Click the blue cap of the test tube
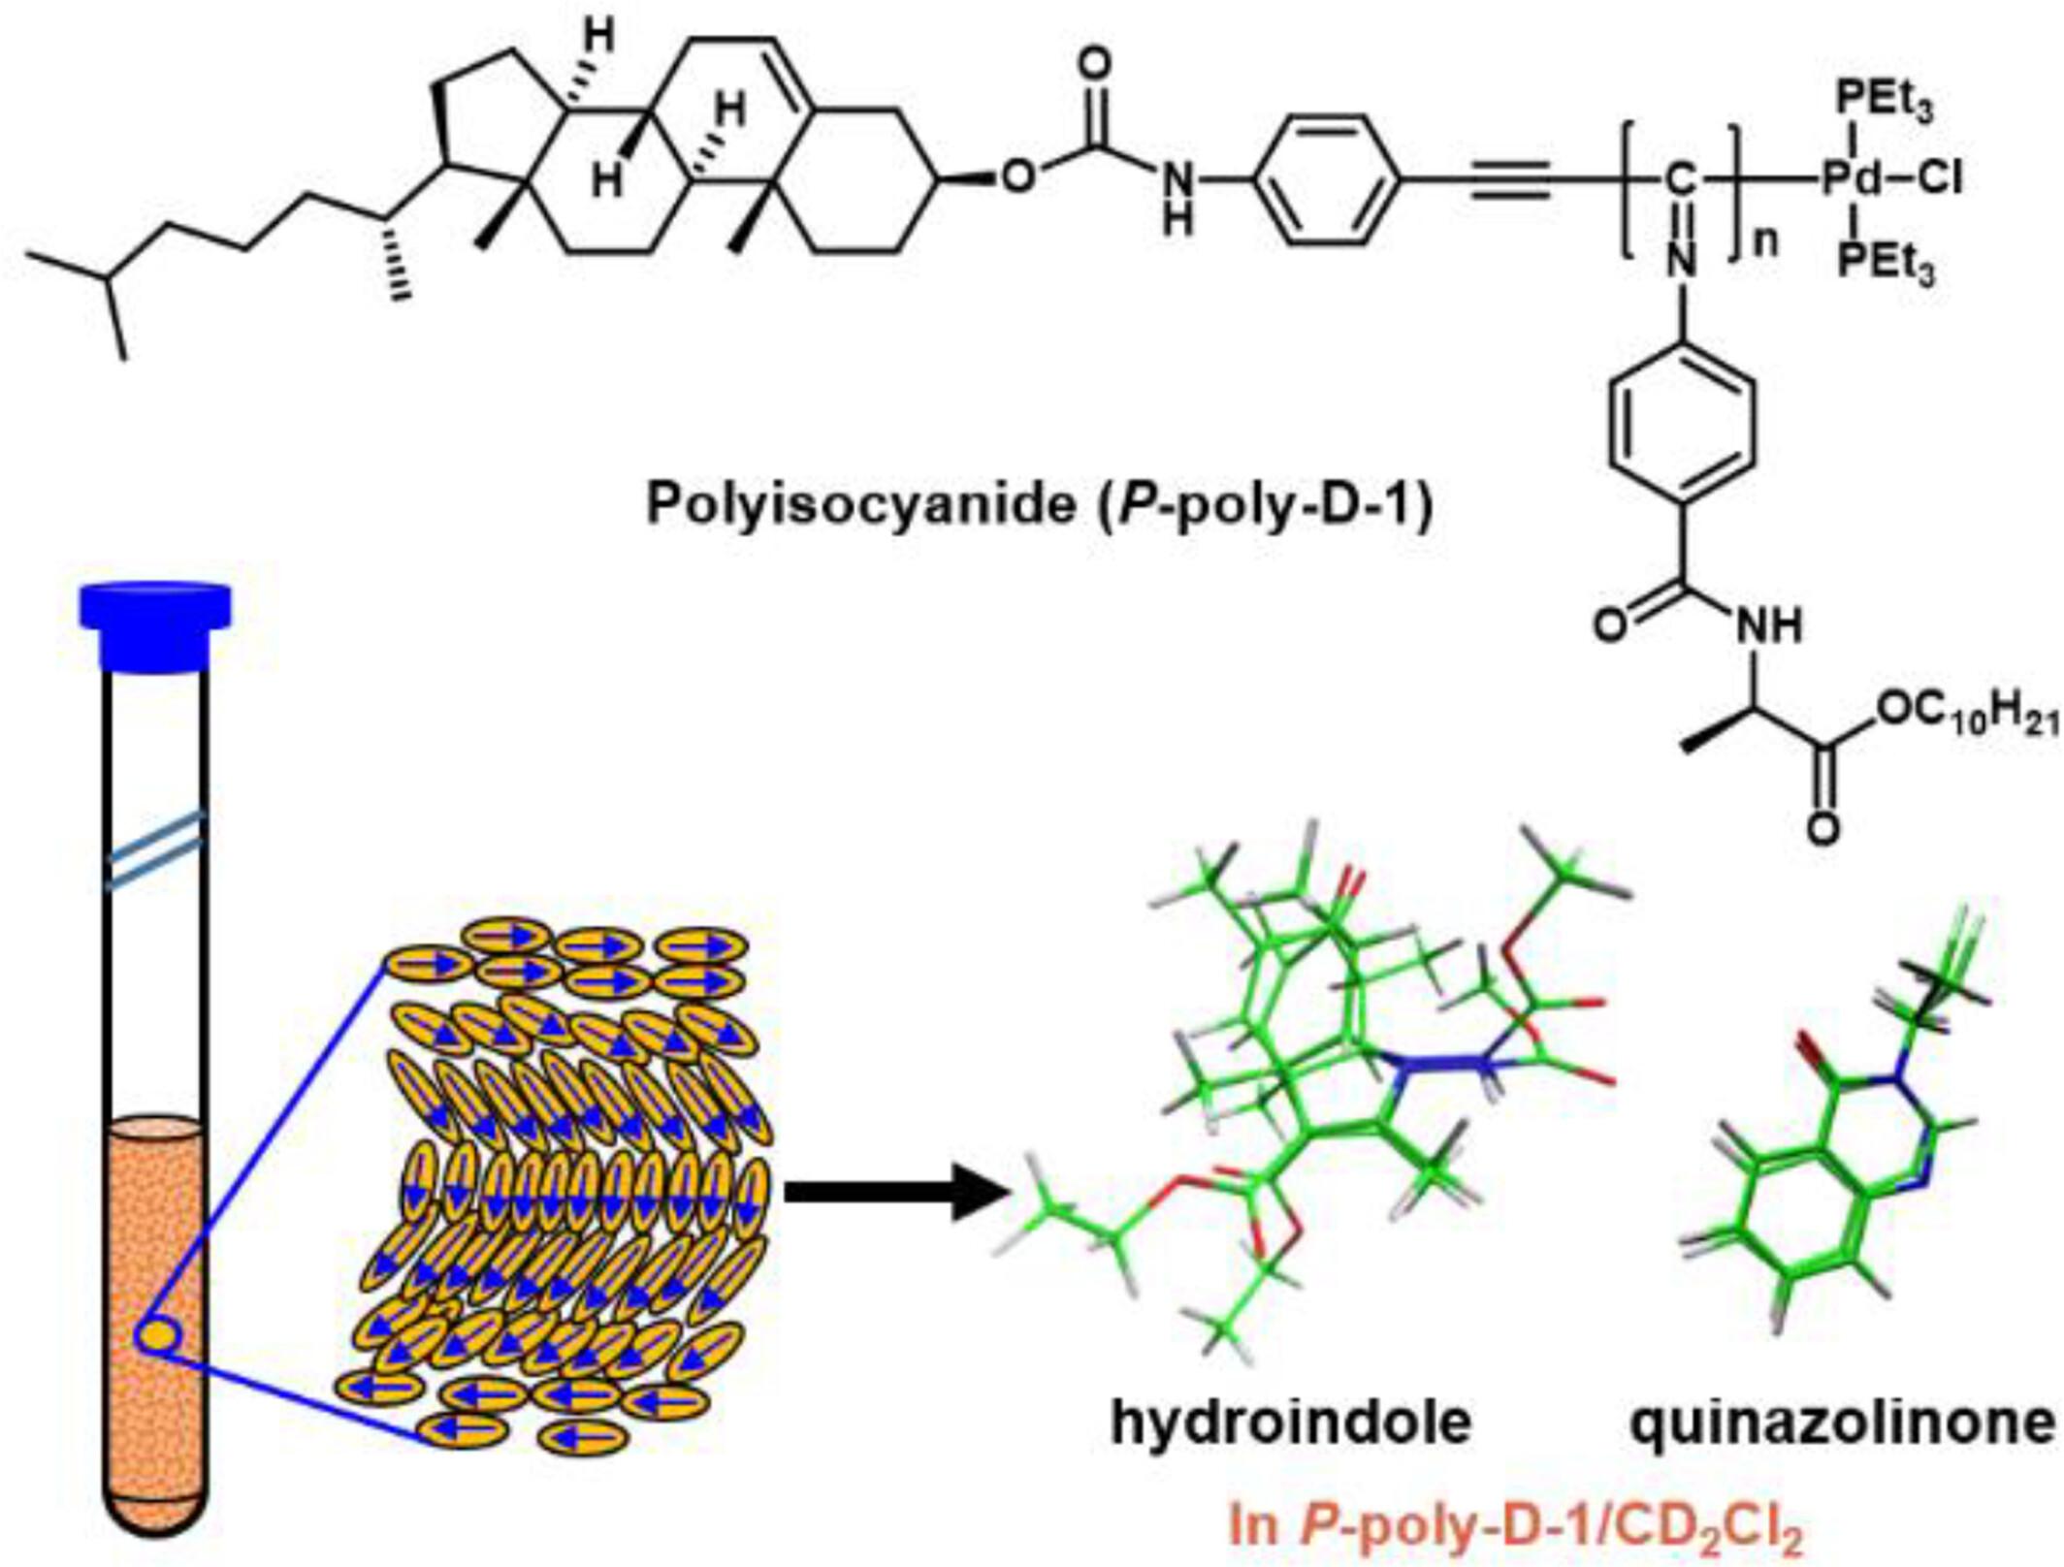[155, 625]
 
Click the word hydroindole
[1291, 1423]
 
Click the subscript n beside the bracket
[1766, 242]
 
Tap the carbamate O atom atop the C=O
[1095, 66]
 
